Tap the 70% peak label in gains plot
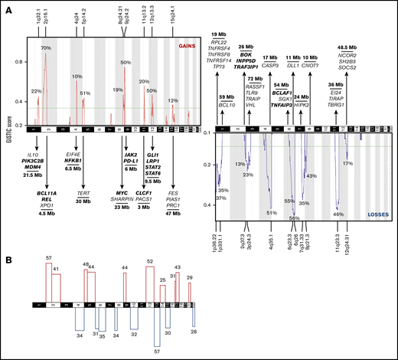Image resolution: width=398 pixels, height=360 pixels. tap(45, 48)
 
